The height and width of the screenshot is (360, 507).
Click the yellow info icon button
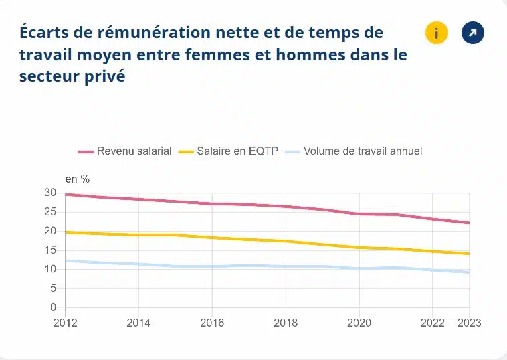point(436,33)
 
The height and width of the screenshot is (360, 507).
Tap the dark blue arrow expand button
point(473,33)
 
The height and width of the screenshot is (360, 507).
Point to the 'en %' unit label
point(77,179)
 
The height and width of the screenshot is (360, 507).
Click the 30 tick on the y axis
point(49,193)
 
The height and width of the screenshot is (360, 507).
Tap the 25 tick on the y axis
point(49,212)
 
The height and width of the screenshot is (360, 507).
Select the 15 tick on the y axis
point(49,250)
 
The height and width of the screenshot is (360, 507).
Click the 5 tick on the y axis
point(52,289)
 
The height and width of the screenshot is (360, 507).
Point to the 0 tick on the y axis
point(52,308)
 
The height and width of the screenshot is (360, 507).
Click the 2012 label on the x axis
point(65,322)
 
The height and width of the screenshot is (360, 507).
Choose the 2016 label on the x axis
point(212,322)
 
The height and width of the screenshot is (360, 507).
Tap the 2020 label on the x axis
point(359,322)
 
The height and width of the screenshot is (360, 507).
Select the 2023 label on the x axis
point(469,322)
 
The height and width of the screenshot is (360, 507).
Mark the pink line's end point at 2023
point(469,223)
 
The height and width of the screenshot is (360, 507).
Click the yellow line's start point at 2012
point(66,232)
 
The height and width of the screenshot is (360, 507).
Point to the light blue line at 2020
point(359,268)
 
